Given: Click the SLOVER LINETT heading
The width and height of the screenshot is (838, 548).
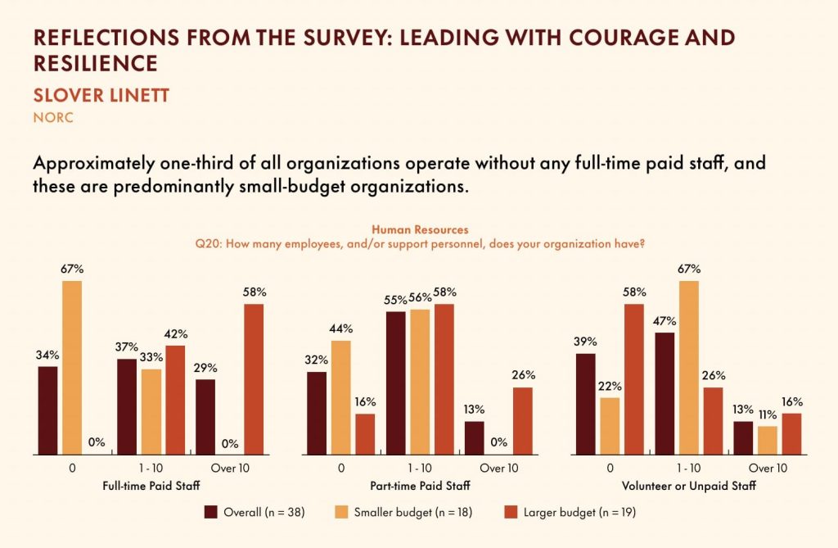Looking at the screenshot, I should [101, 95].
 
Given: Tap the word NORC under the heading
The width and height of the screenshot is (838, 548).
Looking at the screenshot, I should [53, 117].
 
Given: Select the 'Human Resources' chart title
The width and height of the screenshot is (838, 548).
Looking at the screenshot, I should [420, 230].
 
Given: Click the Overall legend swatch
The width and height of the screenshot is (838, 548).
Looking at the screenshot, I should [211, 513].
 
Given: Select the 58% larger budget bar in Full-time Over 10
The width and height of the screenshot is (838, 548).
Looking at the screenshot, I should [254, 378].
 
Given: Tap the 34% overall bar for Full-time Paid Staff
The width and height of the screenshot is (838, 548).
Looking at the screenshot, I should [48, 410].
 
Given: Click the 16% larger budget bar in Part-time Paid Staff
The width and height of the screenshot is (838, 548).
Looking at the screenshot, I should [365, 433].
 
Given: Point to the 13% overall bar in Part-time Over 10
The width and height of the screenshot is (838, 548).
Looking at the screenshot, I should [474, 437].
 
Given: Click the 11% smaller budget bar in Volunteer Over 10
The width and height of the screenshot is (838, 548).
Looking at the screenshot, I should [768, 440].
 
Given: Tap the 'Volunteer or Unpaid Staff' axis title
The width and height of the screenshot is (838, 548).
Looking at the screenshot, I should [690, 486].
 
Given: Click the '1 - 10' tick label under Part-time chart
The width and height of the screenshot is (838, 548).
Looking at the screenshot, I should [421, 469].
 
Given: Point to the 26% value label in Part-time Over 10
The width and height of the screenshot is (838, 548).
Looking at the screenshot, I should [523, 375].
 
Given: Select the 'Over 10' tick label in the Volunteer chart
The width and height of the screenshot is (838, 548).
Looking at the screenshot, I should [768, 469].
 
